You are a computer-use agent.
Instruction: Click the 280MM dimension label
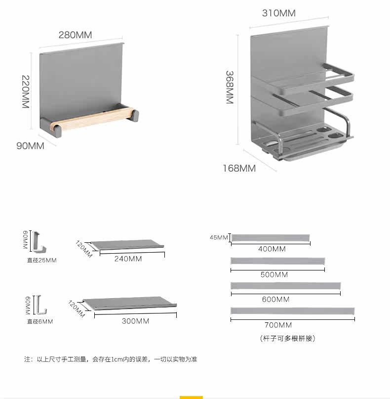(x=76, y=35)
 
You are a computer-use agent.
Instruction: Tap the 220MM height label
(x=26, y=92)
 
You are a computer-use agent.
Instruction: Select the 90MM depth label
(x=30, y=146)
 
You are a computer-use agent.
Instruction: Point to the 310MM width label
(x=279, y=13)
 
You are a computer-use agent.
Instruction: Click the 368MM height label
(x=230, y=88)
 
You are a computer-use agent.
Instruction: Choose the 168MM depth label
(x=239, y=168)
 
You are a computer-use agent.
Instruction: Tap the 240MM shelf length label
(x=128, y=259)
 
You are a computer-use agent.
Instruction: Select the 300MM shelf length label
(x=135, y=321)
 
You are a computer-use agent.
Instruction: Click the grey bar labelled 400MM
(x=270, y=238)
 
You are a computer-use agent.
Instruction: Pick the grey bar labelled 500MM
(x=277, y=261)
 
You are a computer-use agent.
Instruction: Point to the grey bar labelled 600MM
(x=285, y=286)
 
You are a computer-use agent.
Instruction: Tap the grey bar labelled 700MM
(x=293, y=311)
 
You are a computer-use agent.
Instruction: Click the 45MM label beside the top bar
(x=219, y=238)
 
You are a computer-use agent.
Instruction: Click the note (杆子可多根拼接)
(x=287, y=338)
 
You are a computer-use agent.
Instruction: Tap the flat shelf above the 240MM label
(x=127, y=245)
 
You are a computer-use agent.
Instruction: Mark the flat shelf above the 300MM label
(x=129, y=303)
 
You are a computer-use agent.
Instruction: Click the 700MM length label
(x=278, y=325)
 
